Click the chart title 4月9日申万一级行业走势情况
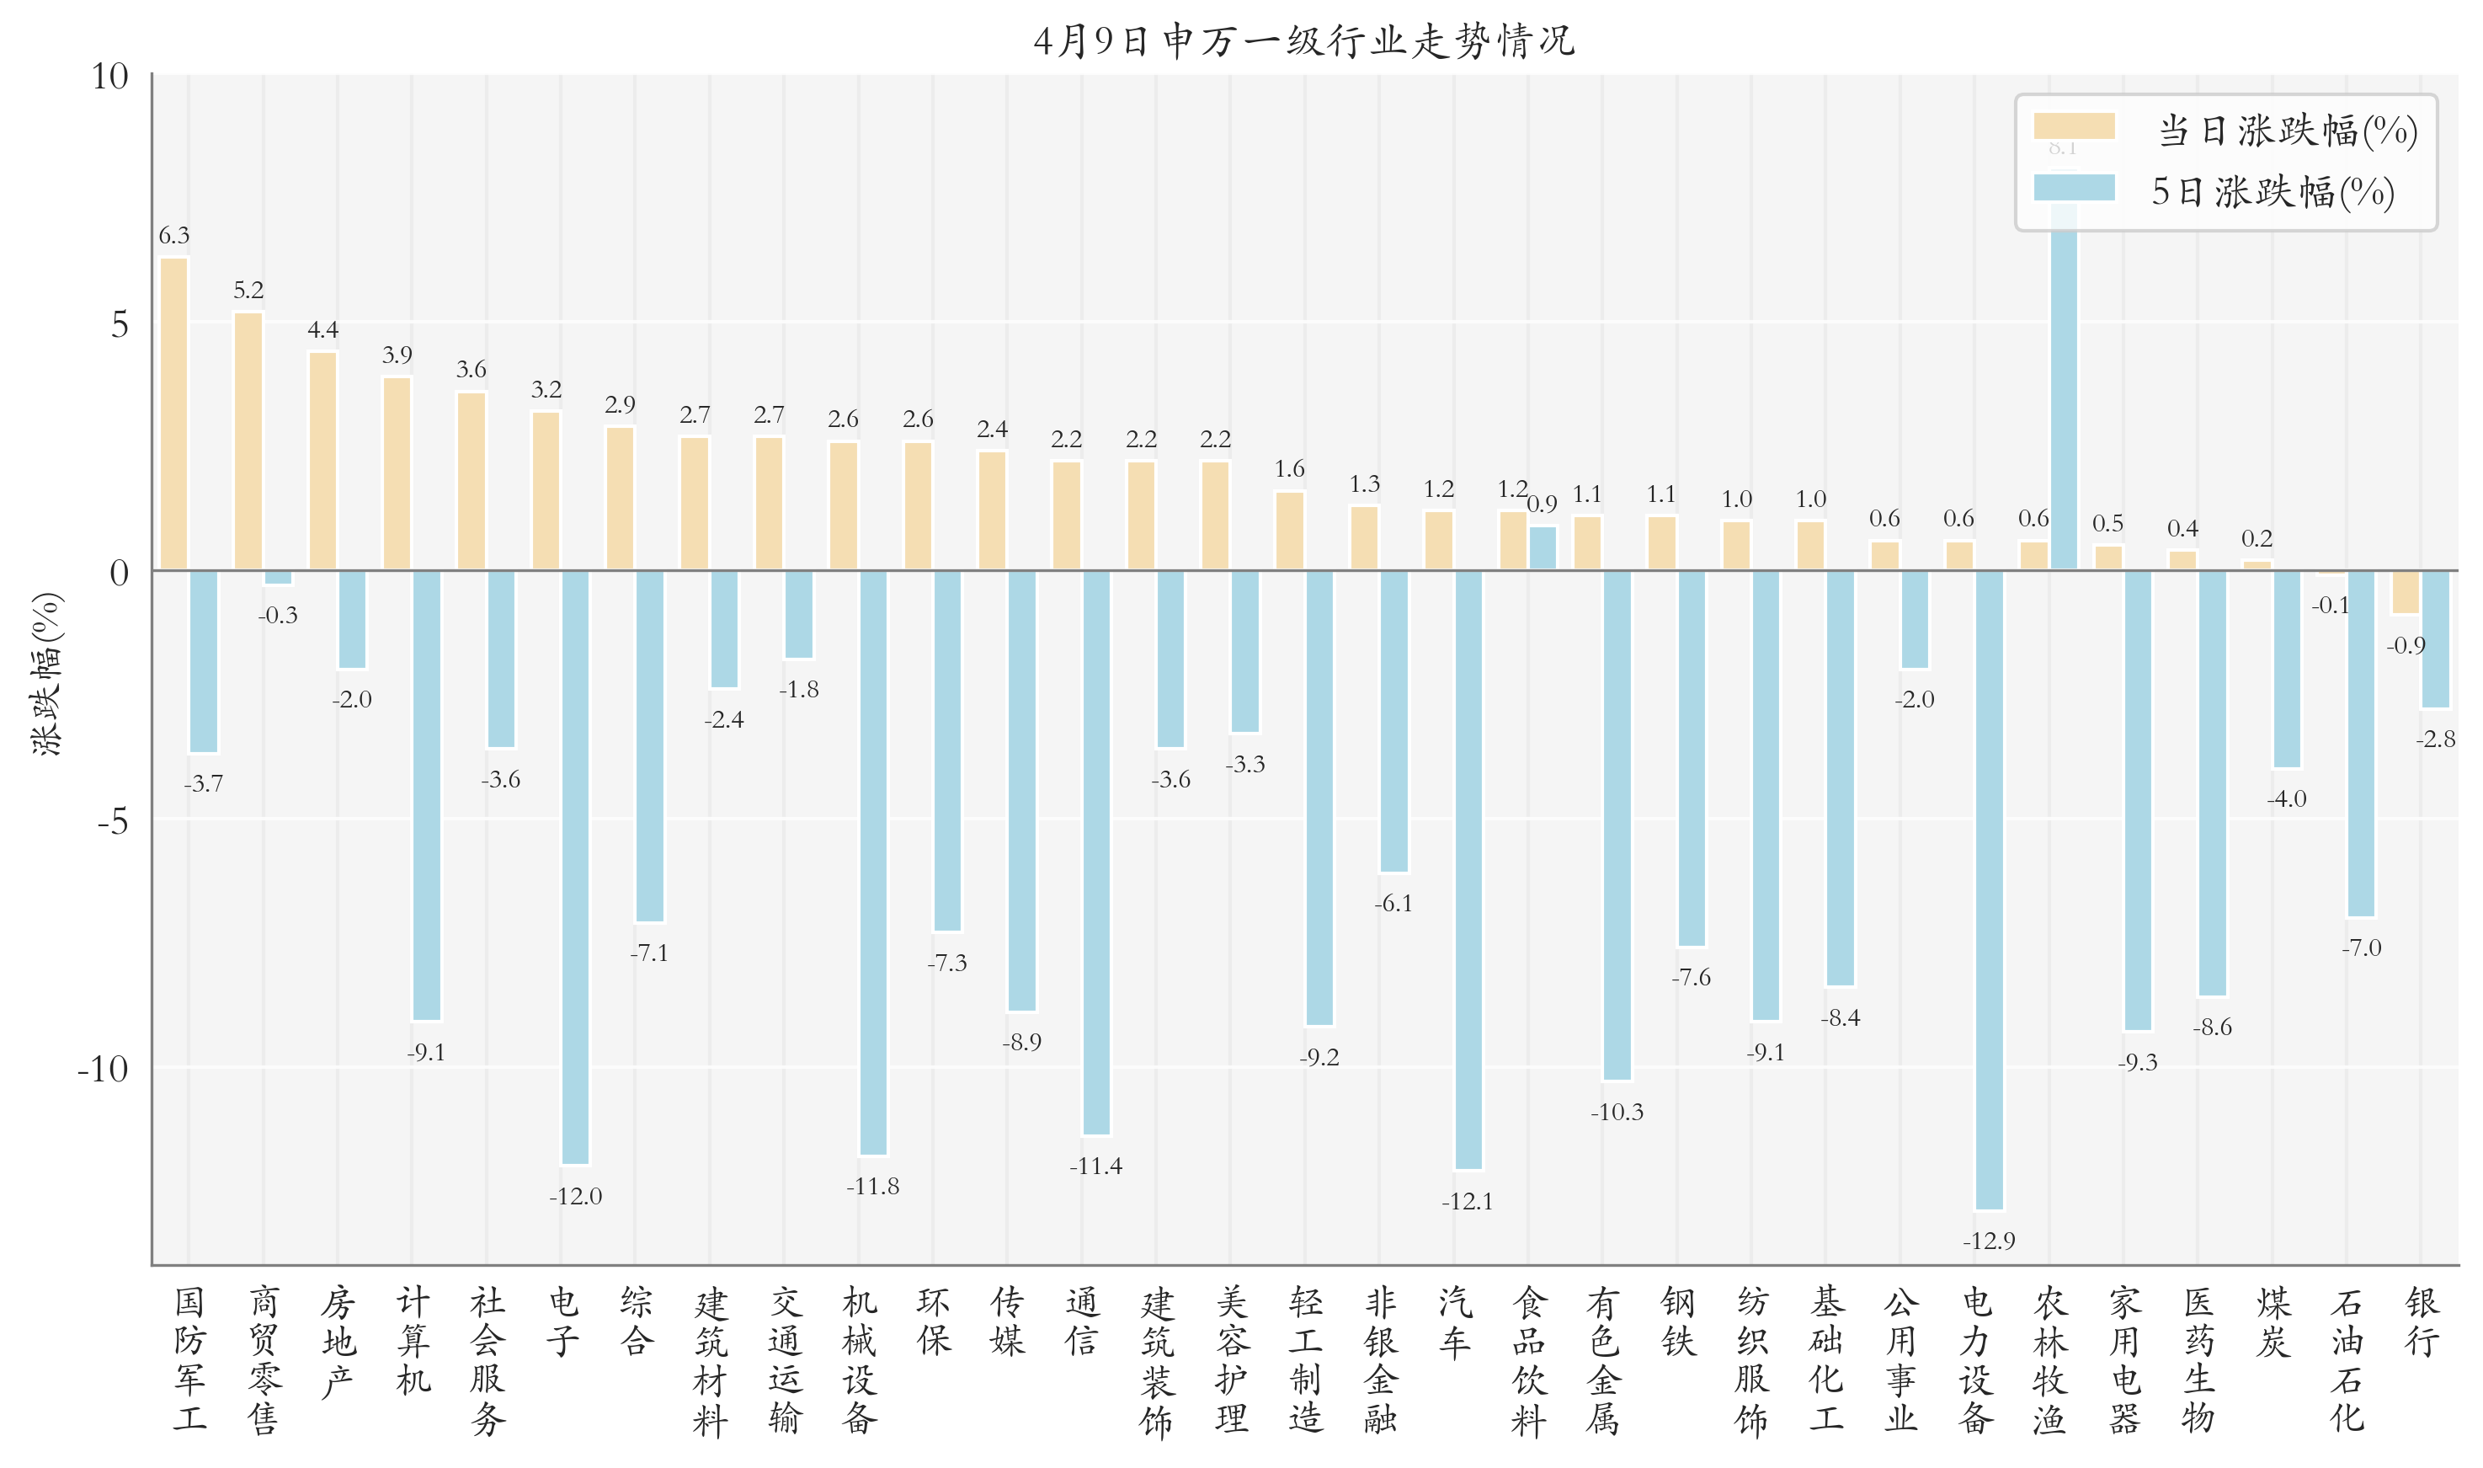click(x=1303, y=40)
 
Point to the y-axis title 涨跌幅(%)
click(x=47, y=674)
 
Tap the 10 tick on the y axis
click(x=109, y=76)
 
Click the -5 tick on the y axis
click(x=113, y=820)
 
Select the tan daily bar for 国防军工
click(x=174, y=414)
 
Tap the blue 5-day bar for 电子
click(x=574, y=867)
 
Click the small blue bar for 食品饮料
click(x=1542, y=548)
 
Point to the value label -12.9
click(x=1988, y=1241)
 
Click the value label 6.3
click(x=174, y=236)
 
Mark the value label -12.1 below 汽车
click(x=1467, y=1201)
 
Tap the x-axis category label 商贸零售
click(x=264, y=1359)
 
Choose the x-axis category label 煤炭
click(x=2273, y=1321)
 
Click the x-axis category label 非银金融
click(x=1381, y=1359)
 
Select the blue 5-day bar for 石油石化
click(x=2360, y=743)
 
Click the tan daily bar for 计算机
click(x=397, y=472)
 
